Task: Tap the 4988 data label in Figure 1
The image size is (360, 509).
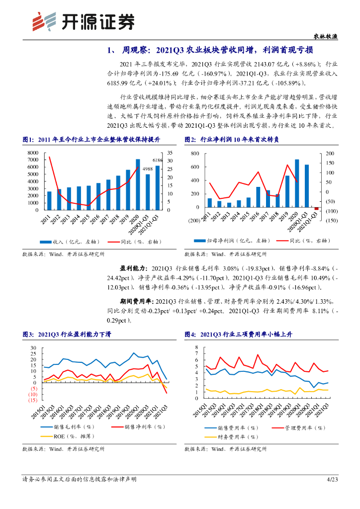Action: point(147,170)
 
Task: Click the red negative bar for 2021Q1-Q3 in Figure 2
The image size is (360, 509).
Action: point(316,209)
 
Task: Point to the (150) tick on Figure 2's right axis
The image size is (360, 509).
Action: point(330,220)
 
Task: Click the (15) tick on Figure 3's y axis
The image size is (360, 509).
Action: point(33,400)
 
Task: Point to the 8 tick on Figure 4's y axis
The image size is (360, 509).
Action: point(197,347)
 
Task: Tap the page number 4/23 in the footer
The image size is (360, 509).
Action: point(332,479)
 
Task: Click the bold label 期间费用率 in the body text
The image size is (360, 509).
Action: point(136,301)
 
